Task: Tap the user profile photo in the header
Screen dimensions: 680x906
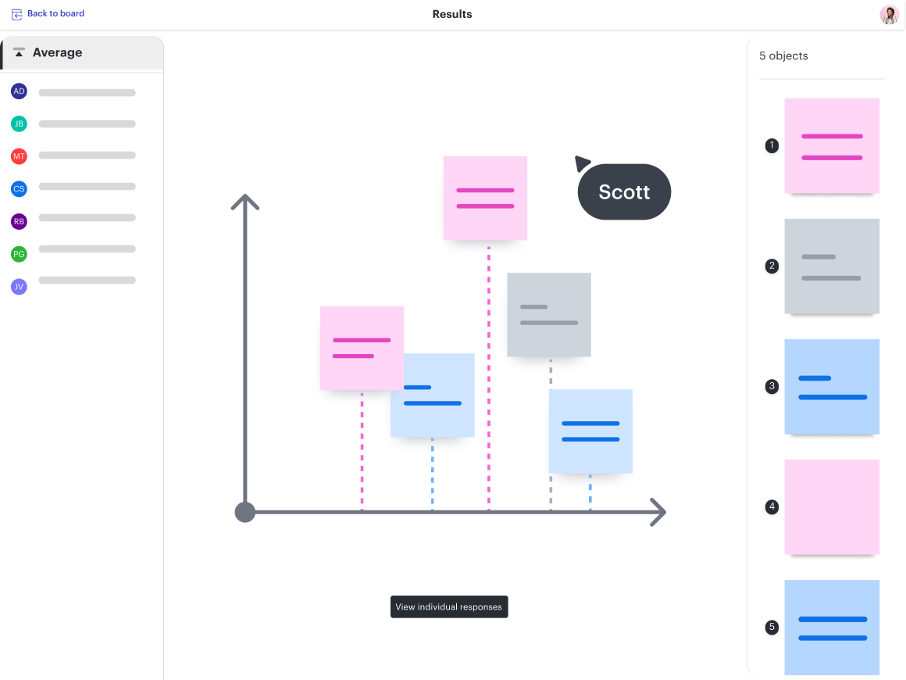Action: tap(890, 15)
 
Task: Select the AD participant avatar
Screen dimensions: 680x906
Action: tap(19, 91)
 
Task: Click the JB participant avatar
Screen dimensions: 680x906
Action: tap(19, 123)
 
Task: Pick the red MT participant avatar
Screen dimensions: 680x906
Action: tap(19, 156)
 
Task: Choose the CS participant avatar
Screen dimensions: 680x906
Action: tap(19, 188)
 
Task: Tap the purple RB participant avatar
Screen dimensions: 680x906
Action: tap(19, 221)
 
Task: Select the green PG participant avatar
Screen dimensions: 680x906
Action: tap(19, 254)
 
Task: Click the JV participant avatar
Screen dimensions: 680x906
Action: tap(19, 287)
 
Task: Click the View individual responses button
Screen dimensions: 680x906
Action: tap(449, 607)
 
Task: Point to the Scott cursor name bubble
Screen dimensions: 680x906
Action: tap(624, 192)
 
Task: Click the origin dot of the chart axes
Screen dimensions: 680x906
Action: tap(245, 512)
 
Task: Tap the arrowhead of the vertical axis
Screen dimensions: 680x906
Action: tap(245, 201)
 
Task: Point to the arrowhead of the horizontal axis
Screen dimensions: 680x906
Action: tap(658, 512)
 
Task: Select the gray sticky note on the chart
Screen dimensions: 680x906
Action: tap(549, 314)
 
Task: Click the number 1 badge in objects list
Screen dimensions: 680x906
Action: tap(772, 145)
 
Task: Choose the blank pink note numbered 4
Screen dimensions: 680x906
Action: tap(832, 506)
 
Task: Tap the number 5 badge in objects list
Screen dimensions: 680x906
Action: tap(772, 627)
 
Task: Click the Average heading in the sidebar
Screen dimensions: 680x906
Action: tap(57, 53)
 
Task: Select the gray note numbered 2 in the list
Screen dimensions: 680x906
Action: tap(832, 266)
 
